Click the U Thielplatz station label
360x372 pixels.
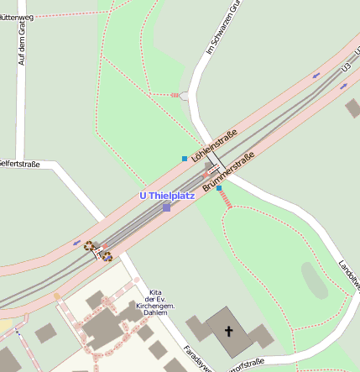[166, 196]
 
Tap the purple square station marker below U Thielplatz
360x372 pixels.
[167, 207]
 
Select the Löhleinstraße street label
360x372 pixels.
[215, 144]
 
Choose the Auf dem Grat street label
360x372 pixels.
[23, 45]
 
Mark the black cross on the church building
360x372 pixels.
[227, 332]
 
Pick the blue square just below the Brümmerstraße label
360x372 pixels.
[219, 188]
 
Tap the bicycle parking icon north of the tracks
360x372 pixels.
[89, 245]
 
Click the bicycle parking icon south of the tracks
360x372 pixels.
[107, 256]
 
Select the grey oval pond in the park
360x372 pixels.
[315, 280]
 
